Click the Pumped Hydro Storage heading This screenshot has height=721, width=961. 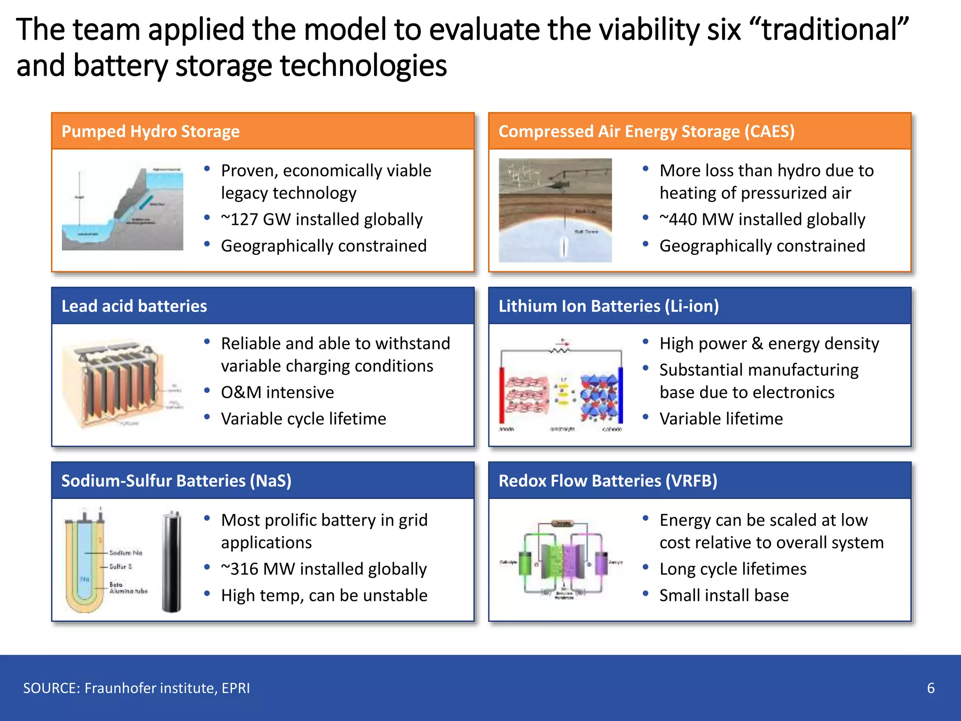tap(150, 131)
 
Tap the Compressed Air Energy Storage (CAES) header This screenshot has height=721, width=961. tap(646, 131)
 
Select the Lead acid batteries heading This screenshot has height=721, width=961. tap(134, 306)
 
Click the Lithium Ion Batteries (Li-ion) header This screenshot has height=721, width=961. tap(608, 306)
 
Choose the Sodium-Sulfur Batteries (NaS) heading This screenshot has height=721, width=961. tap(176, 481)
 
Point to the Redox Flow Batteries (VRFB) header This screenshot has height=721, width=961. tap(608, 481)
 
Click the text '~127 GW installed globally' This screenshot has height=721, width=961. tap(321, 219)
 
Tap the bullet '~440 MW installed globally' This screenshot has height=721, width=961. tap(762, 219)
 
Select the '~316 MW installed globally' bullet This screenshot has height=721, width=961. tap(324, 569)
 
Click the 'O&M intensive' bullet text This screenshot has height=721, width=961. tap(277, 392)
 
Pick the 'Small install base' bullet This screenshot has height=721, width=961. tap(724, 595)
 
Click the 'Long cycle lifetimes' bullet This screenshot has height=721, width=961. tap(732, 569)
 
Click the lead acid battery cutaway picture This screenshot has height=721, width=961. tap(117, 383)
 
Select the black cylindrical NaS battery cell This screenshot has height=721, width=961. tap(172, 561)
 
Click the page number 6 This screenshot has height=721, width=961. tap(930, 688)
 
